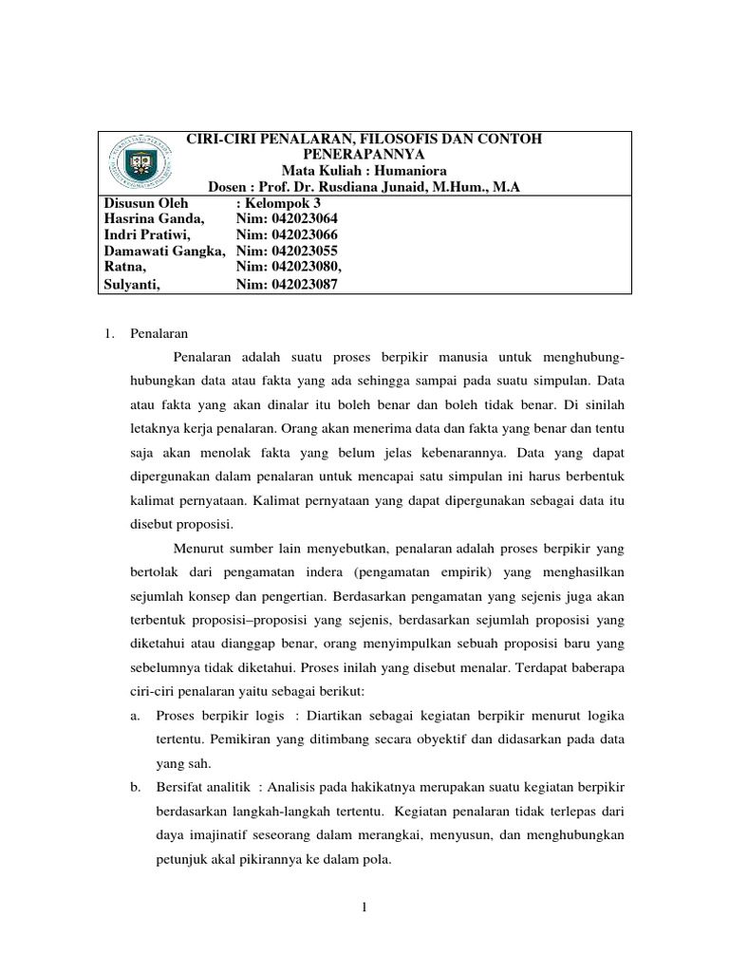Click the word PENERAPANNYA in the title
pos(364,154)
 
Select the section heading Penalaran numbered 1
pos(159,333)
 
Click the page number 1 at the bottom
pos(364,909)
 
